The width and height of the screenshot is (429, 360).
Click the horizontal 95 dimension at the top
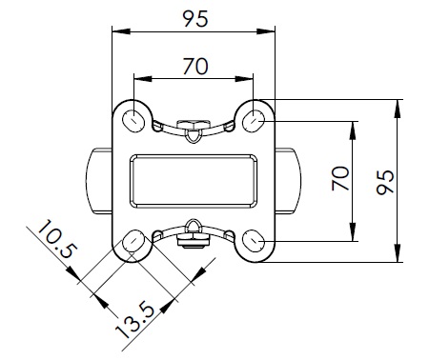195,19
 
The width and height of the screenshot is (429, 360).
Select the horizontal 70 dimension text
195,67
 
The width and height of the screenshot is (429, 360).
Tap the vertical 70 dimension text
340,178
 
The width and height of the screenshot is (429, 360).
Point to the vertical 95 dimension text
385,183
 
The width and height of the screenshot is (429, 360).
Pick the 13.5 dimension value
135,322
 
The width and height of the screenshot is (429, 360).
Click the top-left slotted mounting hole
133,121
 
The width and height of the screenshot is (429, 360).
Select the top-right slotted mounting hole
254,121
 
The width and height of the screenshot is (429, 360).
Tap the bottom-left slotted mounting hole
133,241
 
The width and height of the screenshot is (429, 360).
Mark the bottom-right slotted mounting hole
254,241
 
